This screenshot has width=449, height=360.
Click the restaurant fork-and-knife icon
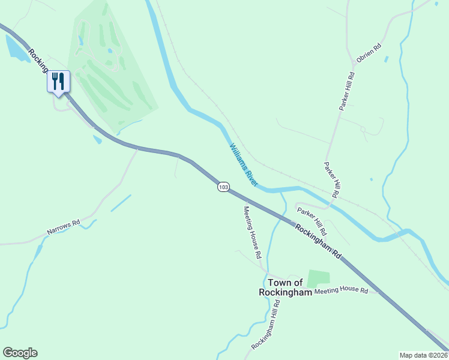[58, 81]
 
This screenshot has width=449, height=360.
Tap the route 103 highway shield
[223, 187]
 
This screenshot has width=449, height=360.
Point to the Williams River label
[243, 164]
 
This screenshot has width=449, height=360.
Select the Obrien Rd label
[369, 54]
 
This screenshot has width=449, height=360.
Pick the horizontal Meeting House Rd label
[341, 290]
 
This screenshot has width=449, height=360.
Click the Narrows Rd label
[64, 227]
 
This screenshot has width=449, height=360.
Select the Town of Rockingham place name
[285, 287]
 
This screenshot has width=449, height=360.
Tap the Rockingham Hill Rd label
[266, 325]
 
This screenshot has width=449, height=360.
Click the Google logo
[20, 353]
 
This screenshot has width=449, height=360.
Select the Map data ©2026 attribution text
[423, 355]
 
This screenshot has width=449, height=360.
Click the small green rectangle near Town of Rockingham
[318, 278]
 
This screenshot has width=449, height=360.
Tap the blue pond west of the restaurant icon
[16, 49]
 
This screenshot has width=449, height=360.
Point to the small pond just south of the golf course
[97, 139]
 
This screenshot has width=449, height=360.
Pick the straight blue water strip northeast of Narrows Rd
[121, 203]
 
